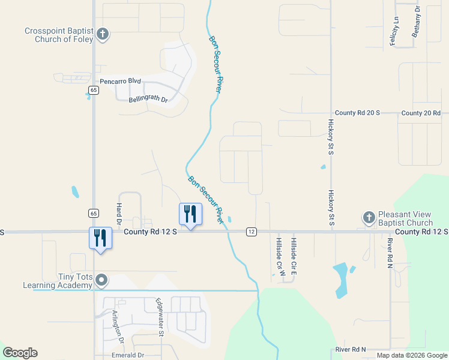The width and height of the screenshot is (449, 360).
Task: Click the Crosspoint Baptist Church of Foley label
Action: click(59, 35)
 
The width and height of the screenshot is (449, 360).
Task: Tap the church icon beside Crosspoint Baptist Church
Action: click(103, 34)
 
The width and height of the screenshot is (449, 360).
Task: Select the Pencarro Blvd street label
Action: click(120, 81)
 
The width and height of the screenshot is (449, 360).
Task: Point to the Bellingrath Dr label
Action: click(148, 96)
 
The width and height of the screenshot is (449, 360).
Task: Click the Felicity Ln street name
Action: click(396, 28)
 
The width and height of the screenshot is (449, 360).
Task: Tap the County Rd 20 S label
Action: click(354, 113)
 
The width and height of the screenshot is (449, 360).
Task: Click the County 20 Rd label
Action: click(421, 113)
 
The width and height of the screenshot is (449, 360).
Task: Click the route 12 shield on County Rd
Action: click(252, 232)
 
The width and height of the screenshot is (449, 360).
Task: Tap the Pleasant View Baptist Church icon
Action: click(369, 215)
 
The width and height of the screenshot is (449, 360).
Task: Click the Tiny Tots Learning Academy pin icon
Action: click(102, 280)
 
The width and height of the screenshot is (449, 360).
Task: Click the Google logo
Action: click(19, 353)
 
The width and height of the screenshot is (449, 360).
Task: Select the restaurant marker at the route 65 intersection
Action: click(100, 238)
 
